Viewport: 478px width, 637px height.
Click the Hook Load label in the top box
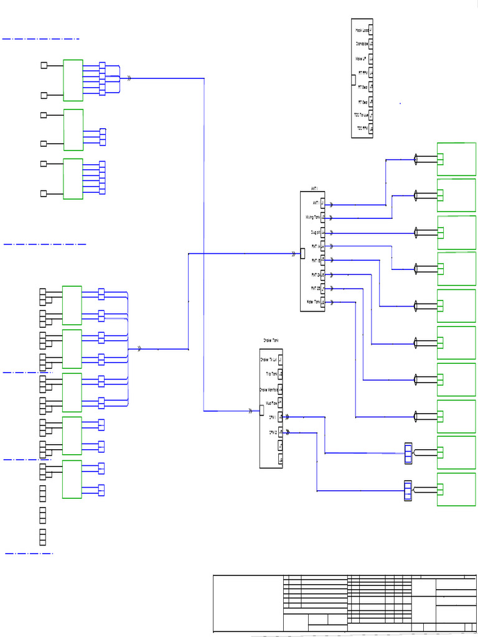click(x=361, y=30)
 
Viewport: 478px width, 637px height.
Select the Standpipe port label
click(x=361, y=44)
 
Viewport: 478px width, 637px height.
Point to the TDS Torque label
click(x=360, y=114)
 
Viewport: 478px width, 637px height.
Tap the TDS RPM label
click(x=362, y=129)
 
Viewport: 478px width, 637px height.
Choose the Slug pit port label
click(x=314, y=232)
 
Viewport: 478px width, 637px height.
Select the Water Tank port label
click(x=313, y=302)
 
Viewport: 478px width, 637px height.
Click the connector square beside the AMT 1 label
click(x=322, y=203)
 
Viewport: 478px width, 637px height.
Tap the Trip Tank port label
click(x=271, y=374)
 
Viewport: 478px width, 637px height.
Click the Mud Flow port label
click(x=271, y=403)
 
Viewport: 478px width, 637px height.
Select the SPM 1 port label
click(x=273, y=417)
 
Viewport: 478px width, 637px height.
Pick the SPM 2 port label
click(x=273, y=432)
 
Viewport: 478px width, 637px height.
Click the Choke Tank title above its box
click(x=271, y=341)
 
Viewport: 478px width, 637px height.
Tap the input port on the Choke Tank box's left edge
click(x=262, y=410)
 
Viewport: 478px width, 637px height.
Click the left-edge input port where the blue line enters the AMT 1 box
click(x=302, y=253)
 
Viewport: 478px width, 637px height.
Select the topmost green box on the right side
click(x=456, y=159)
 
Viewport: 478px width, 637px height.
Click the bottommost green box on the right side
click(x=456, y=490)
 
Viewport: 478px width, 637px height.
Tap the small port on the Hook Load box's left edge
click(x=354, y=79)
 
